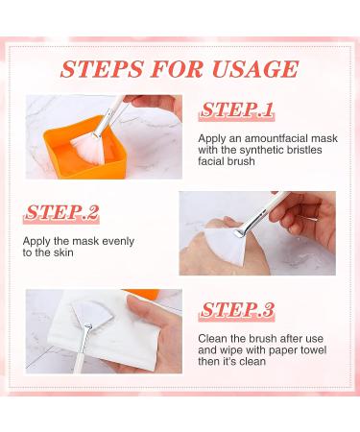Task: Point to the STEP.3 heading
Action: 237,310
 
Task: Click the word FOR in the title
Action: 181,68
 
